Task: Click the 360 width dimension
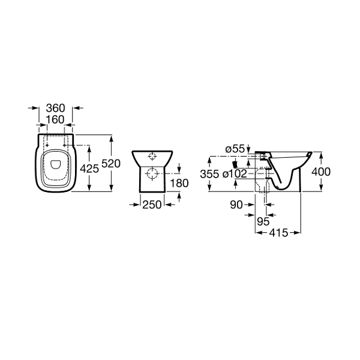tap(56, 108)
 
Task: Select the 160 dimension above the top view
tap(55, 119)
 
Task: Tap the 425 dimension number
tap(89, 169)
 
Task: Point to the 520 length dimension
tap(111, 164)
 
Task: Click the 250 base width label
tap(152, 205)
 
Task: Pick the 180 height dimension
tap(179, 183)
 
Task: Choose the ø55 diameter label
tap(235, 149)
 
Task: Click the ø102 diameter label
tap(235, 174)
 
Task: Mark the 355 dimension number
tap(209, 174)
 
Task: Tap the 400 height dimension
tap(321, 172)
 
